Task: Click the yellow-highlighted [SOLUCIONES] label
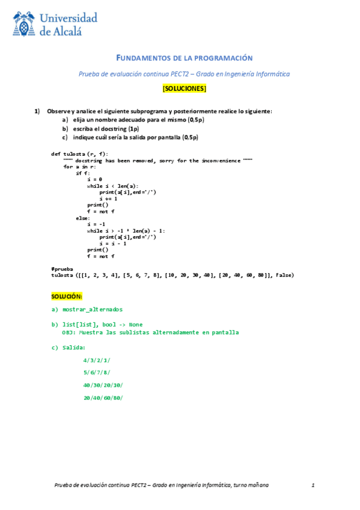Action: [x=184, y=89]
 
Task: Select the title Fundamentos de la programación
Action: [x=184, y=58]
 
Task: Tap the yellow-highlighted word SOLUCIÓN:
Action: [x=66, y=296]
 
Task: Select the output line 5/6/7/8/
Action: [x=97, y=372]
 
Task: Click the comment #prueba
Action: [x=61, y=269]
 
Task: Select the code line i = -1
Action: [x=97, y=224]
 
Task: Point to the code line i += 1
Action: [x=109, y=198]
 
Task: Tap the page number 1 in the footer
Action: [x=314, y=485]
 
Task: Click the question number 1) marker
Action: [x=37, y=111]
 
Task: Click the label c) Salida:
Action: [x=69, y=347]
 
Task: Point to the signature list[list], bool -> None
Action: [x=102, y=325]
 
